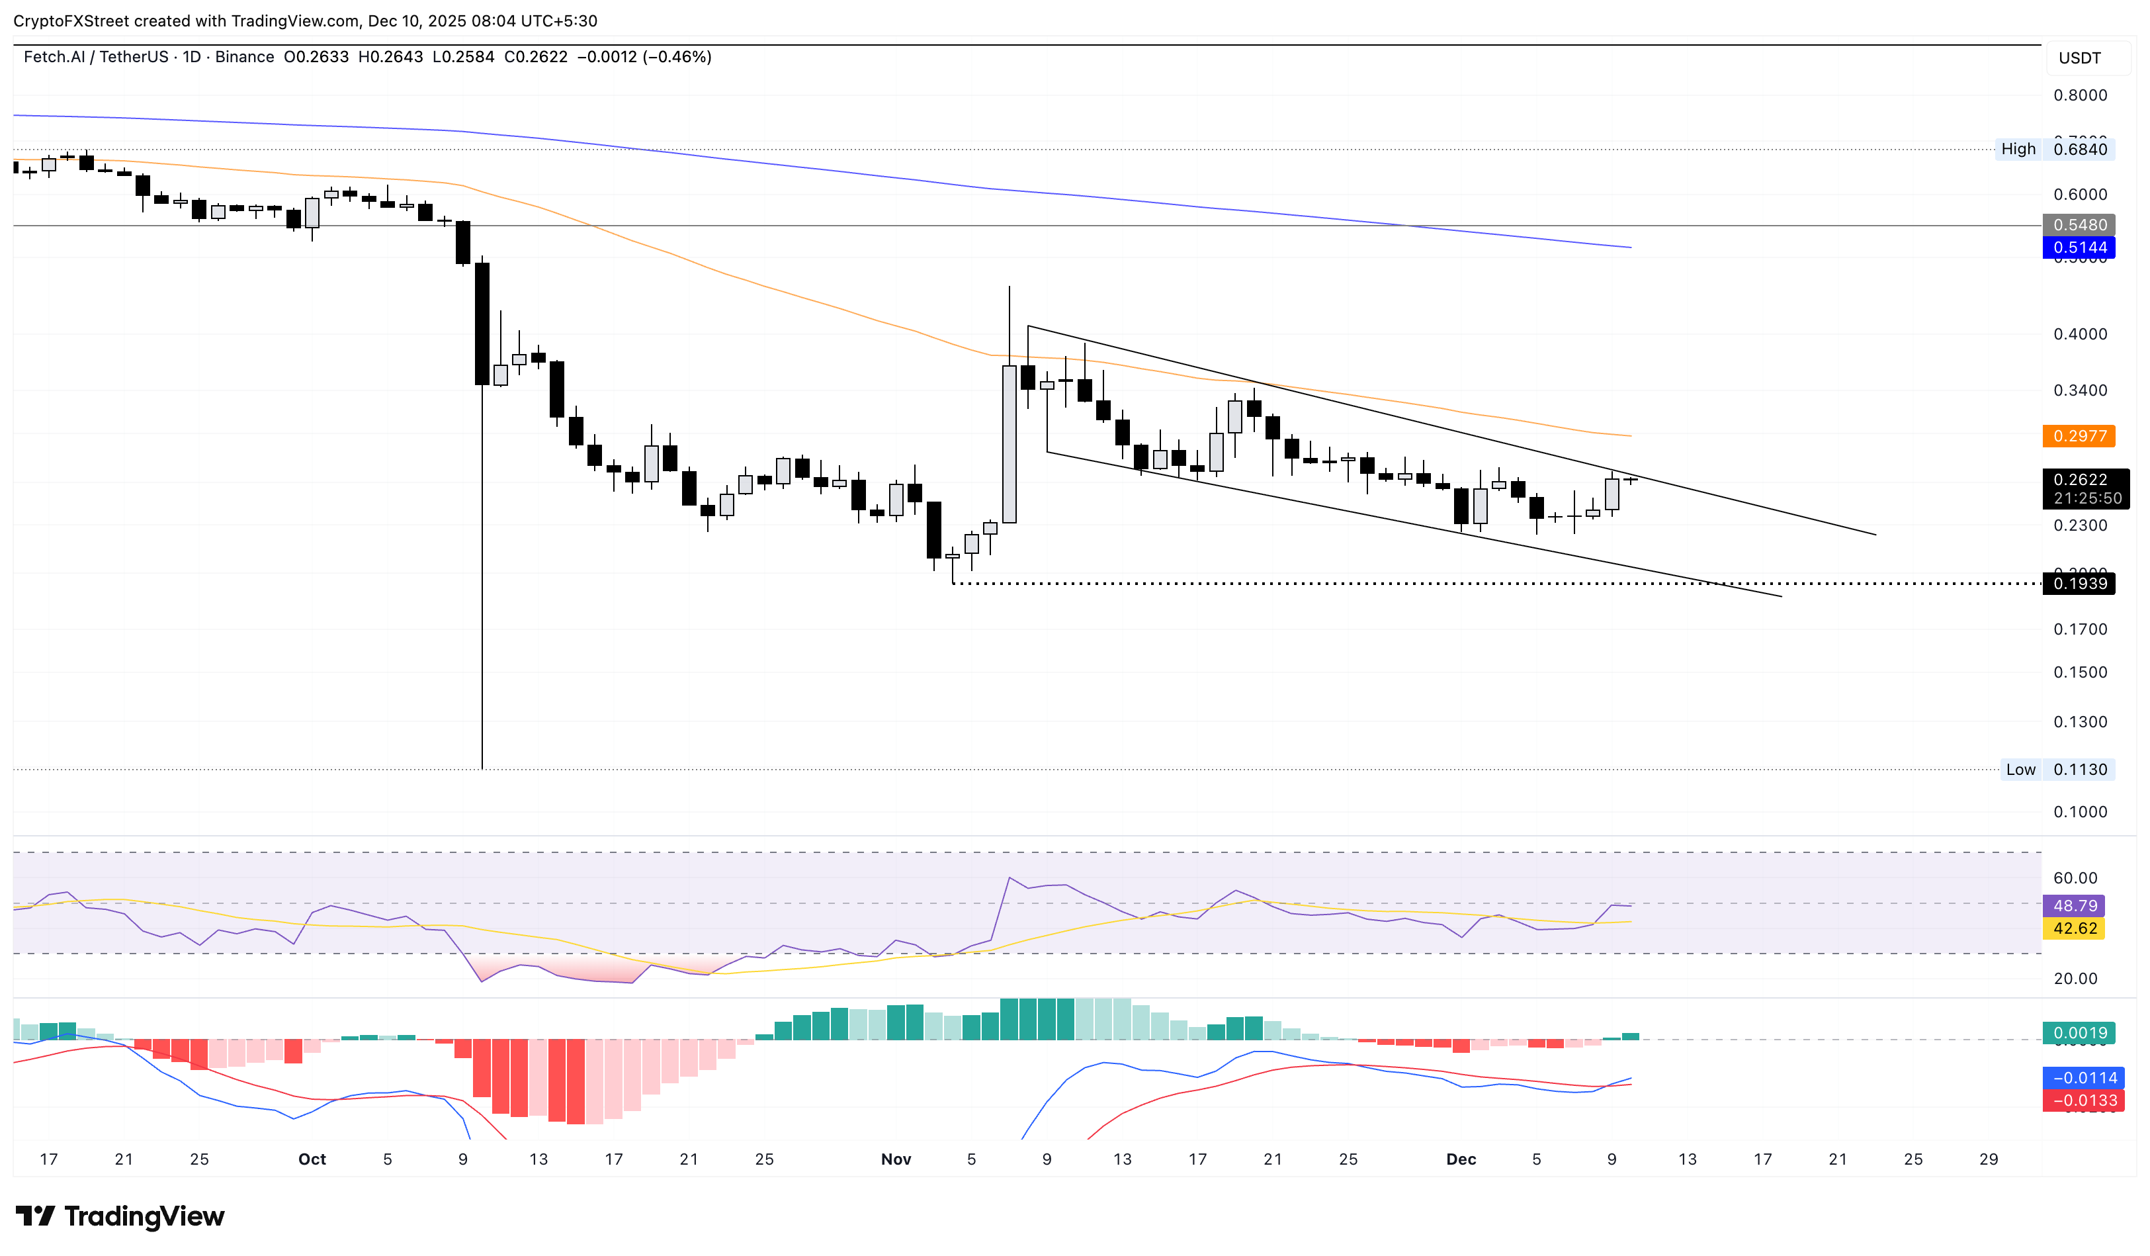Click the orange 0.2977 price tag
point(2079,436)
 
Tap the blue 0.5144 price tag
point(2079,247)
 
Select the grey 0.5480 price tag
point(2079,224)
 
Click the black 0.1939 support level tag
point(2079,584)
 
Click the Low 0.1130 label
point(2055,770)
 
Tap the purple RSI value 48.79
point(2073,905)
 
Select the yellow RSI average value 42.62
point(2073,928)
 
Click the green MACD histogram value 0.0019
point(2079,1033)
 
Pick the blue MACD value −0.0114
point(2079,1078)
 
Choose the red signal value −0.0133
point(2079,1100)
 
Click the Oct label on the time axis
point(312,1159)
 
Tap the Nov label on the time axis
point(896,1159)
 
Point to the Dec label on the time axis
point(1461,1159)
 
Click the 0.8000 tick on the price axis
point(2079,95)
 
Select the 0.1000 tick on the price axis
point(2079,811)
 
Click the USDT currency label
point(2079,58)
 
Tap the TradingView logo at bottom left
point(120,1216)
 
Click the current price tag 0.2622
point(2079,480)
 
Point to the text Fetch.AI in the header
point(54,57)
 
